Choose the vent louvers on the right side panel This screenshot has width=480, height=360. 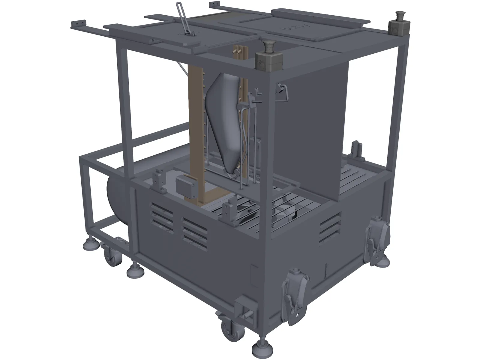coord(330,226)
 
